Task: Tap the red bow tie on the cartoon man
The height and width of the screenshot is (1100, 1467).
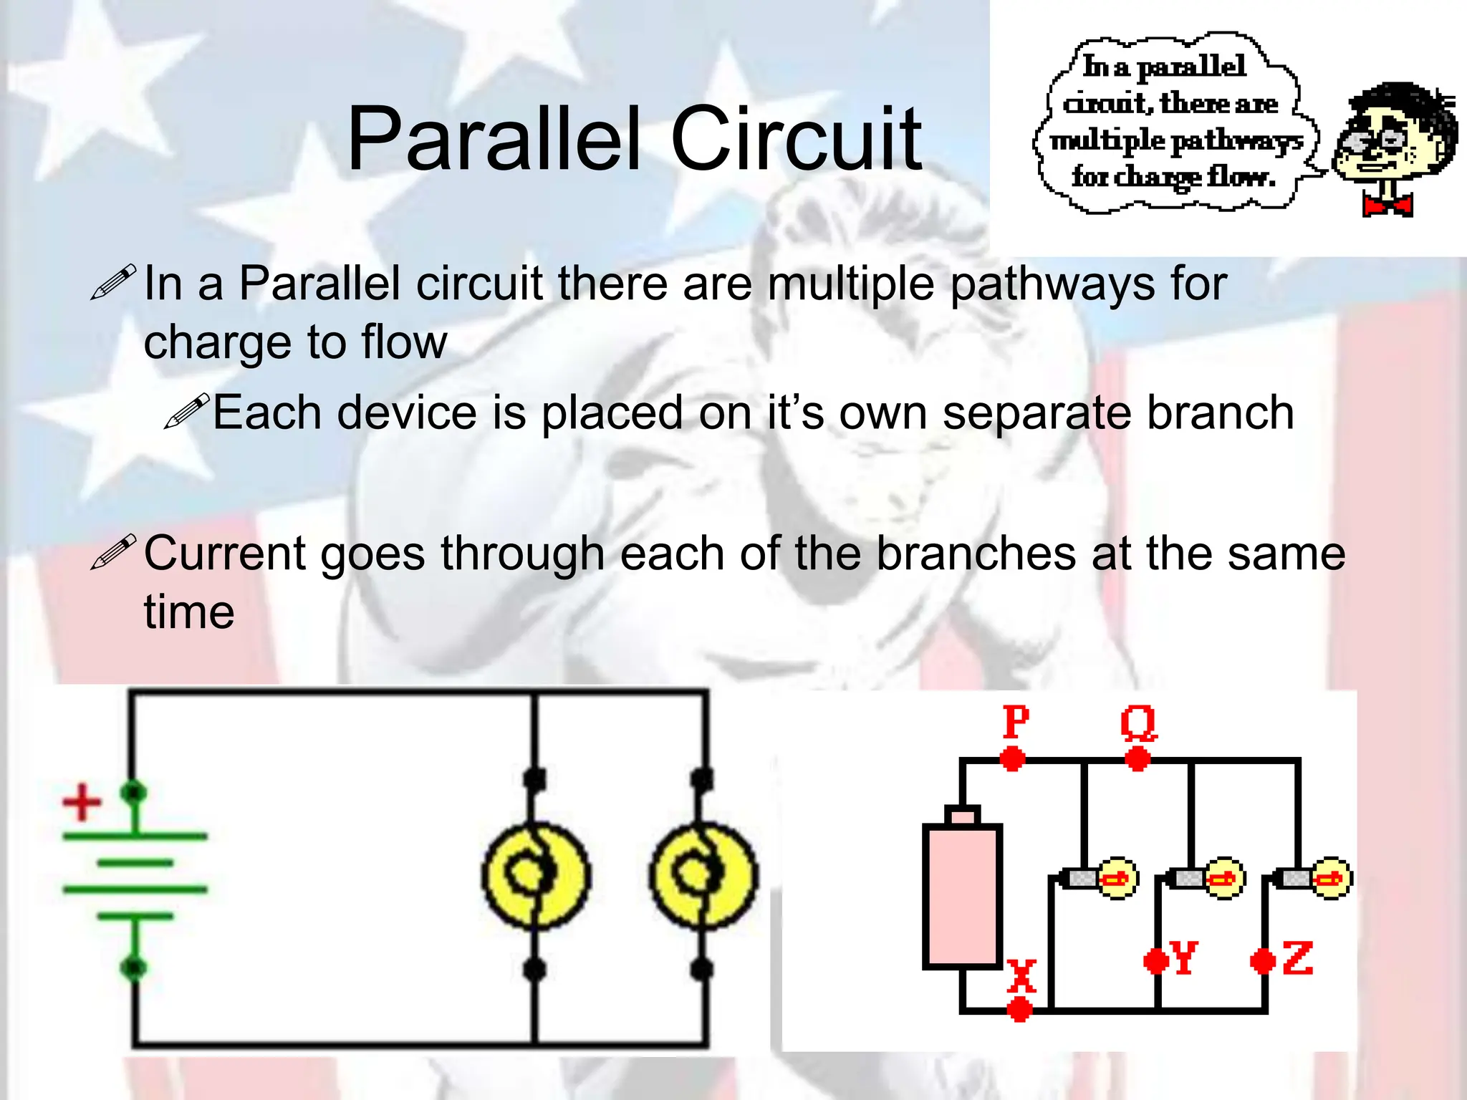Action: [1387, 206]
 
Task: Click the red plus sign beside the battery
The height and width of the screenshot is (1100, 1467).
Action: [82, 802]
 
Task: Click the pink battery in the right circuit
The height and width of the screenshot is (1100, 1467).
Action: [962, 895]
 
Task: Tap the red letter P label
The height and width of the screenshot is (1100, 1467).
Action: [1016, 721]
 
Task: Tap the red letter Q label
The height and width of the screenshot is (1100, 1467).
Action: [1138, 722]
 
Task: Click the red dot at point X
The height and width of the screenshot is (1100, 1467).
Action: [1019, 1010]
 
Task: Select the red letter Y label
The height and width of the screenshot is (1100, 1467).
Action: [1183, 957]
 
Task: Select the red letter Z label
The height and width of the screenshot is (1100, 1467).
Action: [1297, 959]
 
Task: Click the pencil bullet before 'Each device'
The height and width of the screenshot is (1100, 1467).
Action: [186, 411]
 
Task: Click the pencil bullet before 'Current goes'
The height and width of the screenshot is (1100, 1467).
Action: [113, 552]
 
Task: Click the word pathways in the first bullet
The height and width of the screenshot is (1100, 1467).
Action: [1052, 284]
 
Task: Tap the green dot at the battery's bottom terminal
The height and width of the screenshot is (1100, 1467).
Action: [133, 968]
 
